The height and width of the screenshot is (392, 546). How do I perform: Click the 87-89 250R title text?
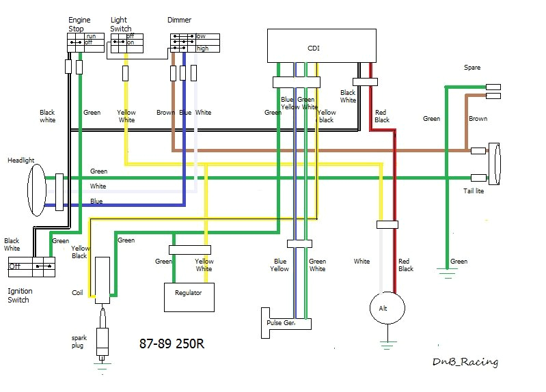pyautogui.click(x=172, y=344)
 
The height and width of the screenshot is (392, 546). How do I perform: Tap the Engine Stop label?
pyautogui.click(x=79, y=25)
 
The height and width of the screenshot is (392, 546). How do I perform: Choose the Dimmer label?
pyautogui.click(x=179, y=20)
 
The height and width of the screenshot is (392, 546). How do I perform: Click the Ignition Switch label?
pyautogui.click(x=20, y=295)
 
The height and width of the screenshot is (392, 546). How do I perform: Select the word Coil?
pyautogui.click(x=78, y=293)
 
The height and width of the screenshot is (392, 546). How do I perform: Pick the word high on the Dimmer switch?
pyautogui.click(x=202, y=48)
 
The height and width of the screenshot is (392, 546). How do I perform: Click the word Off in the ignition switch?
pyautogui.click(x=15, y=266)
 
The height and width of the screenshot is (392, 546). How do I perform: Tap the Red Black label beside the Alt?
pyautogui.click(x=406, y=265)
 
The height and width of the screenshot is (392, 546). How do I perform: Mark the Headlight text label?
pyautogui.click(x=21, y=160)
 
